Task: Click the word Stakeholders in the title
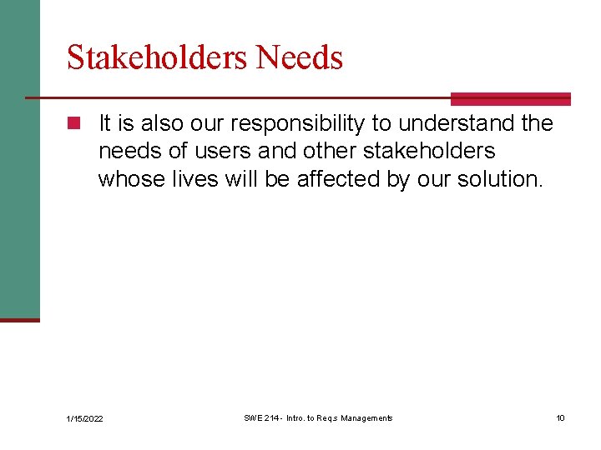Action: point(158,58)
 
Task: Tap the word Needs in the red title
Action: point(300,58)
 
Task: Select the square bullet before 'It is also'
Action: point(74,124)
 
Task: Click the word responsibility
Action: point(299,124)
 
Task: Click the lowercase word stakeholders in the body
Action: point(429,151)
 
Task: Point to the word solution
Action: point(500,178)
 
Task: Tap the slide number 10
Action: point(560,417)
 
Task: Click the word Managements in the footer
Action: point(364,417)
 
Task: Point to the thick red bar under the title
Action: point(510,99)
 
